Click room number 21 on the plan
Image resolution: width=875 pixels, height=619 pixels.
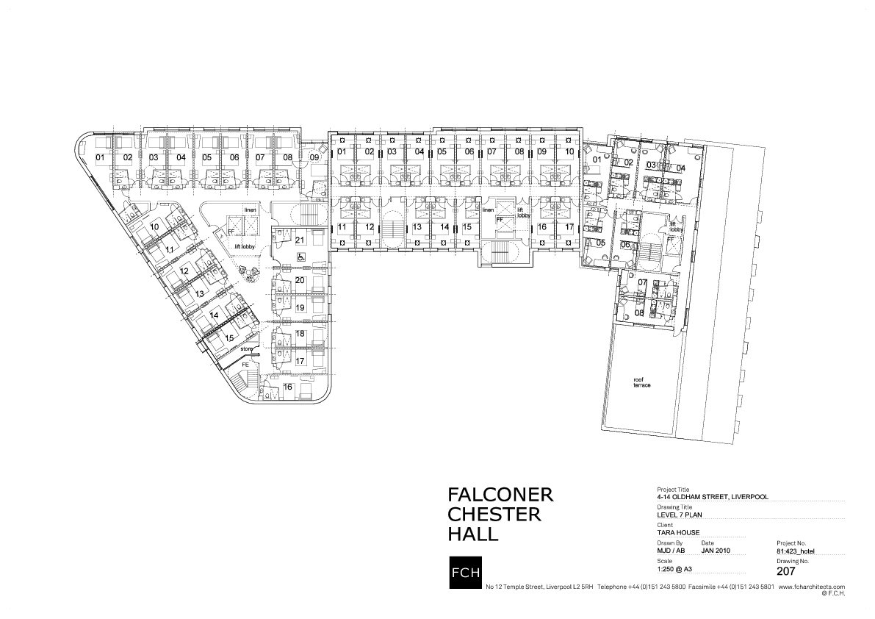(x=300, y=240)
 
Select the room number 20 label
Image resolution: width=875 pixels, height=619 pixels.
(x=300, y=280)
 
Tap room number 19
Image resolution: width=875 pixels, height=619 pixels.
(x=300, y=307)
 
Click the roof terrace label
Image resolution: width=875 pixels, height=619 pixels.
(x=642, y=382)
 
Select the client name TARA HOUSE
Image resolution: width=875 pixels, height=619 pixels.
(x=678, y=533)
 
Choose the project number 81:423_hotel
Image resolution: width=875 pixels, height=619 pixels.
(x=796, y=550)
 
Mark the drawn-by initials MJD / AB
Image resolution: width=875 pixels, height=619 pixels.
(x=671, y=550)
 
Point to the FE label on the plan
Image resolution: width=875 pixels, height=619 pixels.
(x=246, y=365)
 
